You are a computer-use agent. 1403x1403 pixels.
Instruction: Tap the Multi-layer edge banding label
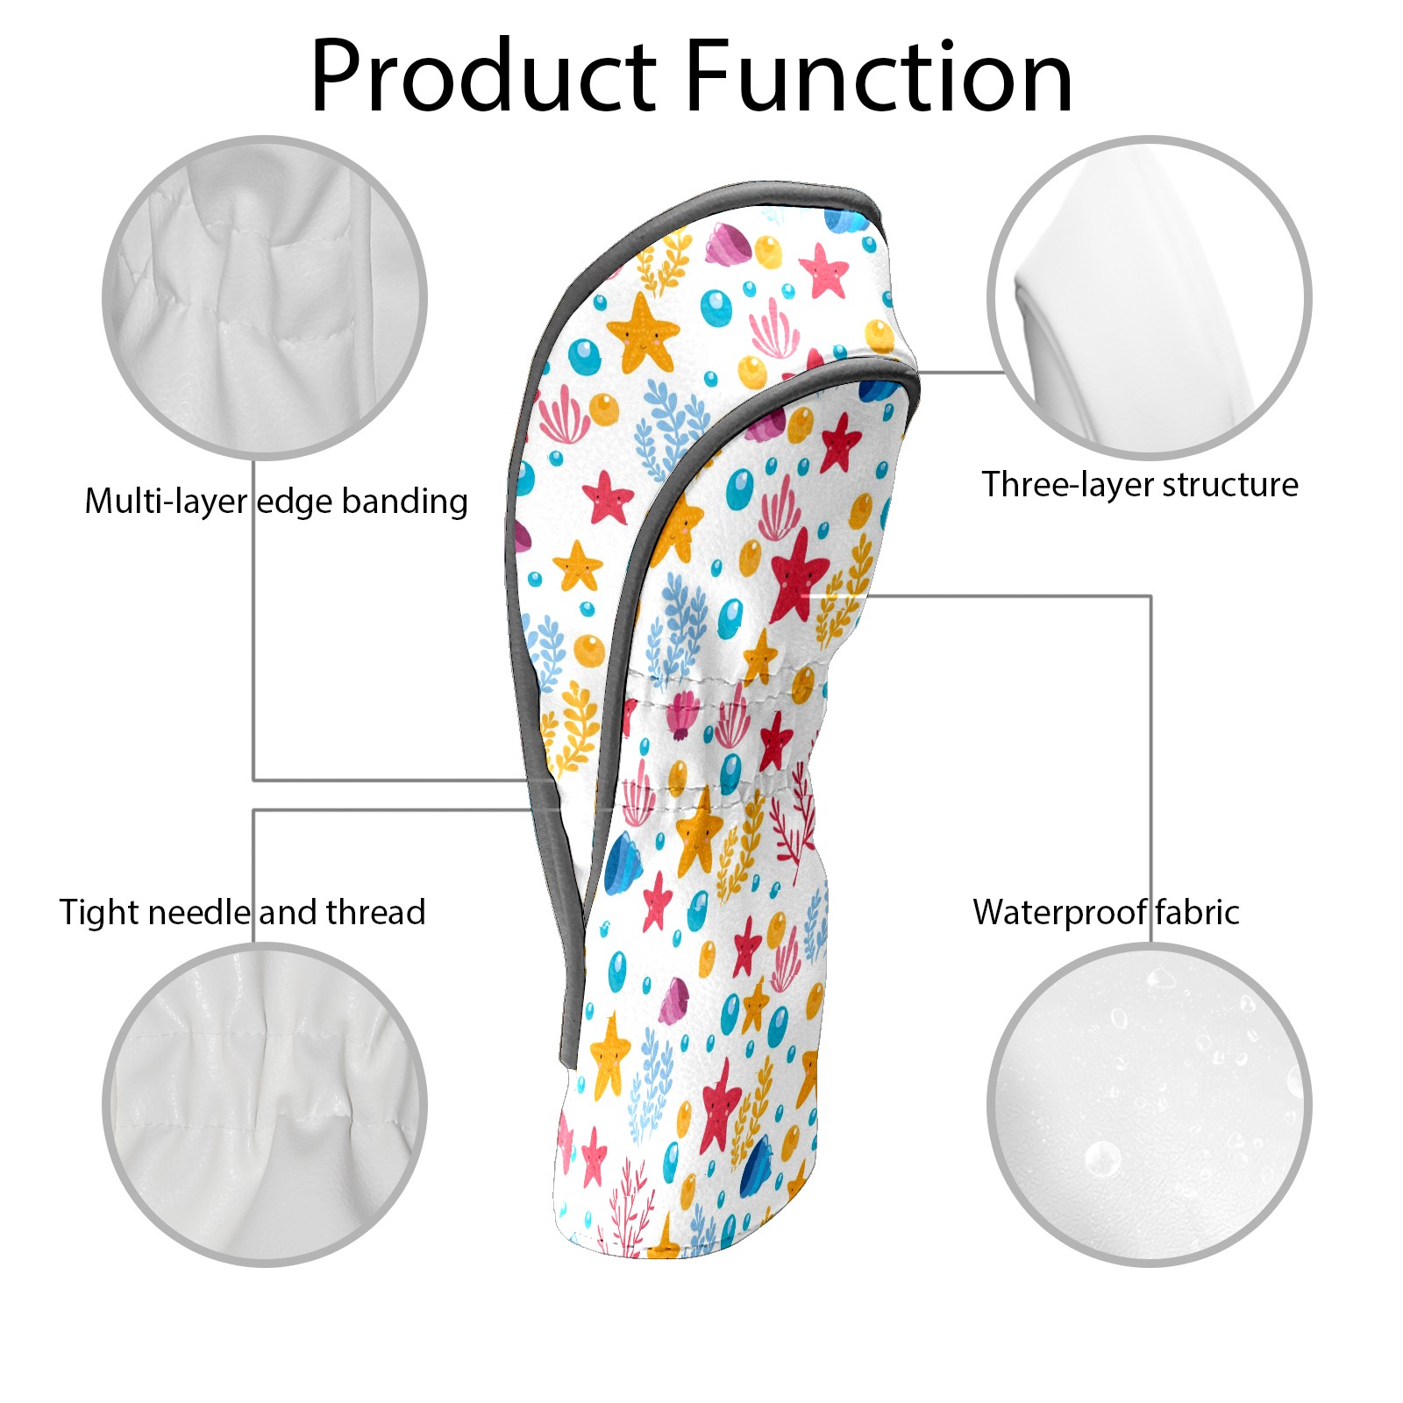pyautogui.click(x=276, y=502)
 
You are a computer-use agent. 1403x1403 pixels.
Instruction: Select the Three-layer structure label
pyautogui.click(x=1140, y=484)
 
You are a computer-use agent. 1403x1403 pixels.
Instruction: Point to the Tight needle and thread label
pyautogui.click(x=242, y=912)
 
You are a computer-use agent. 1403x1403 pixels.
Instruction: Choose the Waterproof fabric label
pyautogui.click(x=1106, y=912)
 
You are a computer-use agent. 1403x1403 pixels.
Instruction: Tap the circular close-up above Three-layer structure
pyautogui.click(x=1149, y=297)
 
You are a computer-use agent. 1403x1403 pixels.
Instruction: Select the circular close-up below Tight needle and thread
pyautogui.click(x=265, y=1105)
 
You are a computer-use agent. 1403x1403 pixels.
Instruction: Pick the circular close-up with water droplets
pyautogui.click(x=1149, y=1105)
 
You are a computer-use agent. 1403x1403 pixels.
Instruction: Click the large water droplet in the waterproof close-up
pyautogui.click(x=1102, y=1159)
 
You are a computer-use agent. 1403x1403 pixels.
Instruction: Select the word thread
pyautogui.click(x=375, y=912)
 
